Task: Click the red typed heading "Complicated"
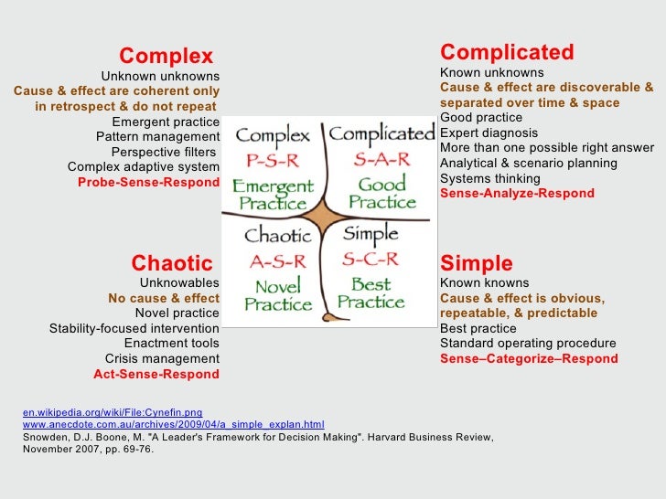tap(507, 52)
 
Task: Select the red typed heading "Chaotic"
tap(172, 264)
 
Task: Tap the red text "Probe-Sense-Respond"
tap(148, 182)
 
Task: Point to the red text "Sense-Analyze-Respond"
tap(517, 194)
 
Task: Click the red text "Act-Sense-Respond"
tap(156, 374)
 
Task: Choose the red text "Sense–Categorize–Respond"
tap(529, 359)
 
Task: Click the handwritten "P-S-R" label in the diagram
tap(273, 162)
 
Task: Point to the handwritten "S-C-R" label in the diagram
tap(371, 260)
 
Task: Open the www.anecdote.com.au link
tap(173, 424)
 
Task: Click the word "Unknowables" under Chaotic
tap(179, 283)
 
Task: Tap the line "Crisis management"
tap(162, 358)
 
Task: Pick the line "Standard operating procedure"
tap(528, 344)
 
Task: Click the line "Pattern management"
tap(157, 137)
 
